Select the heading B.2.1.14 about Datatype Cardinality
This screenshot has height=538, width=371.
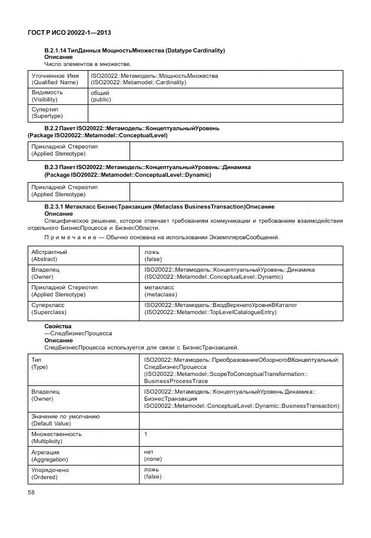pyautogui.click(x=134, y=51)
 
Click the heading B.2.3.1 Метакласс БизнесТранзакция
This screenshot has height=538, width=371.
pyautogui.click(x=159, y=207)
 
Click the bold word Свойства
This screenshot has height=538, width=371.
pyautogui.click(x=58, y=326)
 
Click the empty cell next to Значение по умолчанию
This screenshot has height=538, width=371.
pyautogui.click(x=240, y=420)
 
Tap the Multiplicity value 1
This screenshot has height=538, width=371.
pyautogui.click(x=146, y=434)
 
